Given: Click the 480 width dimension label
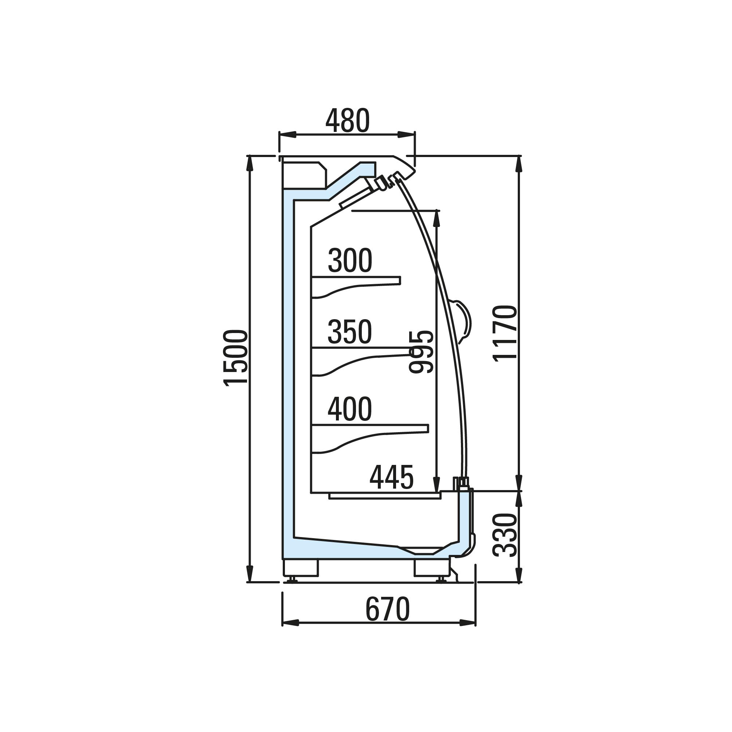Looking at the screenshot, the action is [x=348, y=121].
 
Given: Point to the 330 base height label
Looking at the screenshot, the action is [x=505, y=535].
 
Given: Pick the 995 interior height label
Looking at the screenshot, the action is [x=421, y=352].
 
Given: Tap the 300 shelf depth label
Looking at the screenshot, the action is [x=350, y=260].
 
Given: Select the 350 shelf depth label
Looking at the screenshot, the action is [x=350, y=332].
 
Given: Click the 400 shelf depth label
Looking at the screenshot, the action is [x=350, y=409].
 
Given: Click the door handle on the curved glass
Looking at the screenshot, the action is [x=463, y=321].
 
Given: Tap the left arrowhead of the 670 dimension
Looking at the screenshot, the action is [x=291, y=622].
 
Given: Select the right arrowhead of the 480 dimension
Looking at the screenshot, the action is [x=406, y=135].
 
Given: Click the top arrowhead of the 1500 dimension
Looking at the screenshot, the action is [x=249, y=164].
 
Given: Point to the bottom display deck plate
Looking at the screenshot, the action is [x=385, y=496].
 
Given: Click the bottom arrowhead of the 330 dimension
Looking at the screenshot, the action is [x=518, y=574].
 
